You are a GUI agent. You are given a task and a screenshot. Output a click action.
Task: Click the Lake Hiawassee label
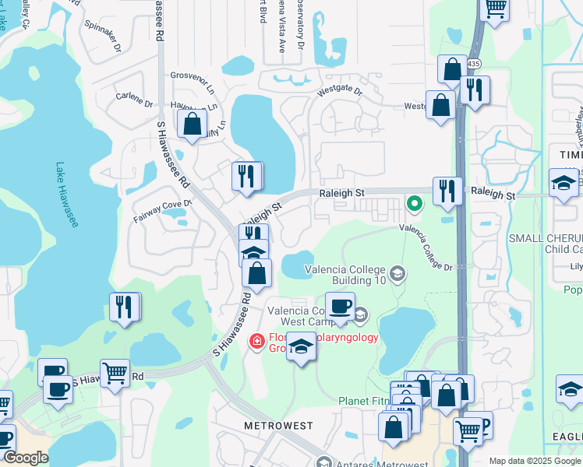pyautogui.click(x=67, y=195)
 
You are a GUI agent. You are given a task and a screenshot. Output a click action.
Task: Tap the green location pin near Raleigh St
pyautogui.click(x=415, y=204)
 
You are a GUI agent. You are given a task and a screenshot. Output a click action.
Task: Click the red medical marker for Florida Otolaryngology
pyautogui.click(x=256, y=341)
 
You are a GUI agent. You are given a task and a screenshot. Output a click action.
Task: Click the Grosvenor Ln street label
pyautogui.click(x=193, y=80)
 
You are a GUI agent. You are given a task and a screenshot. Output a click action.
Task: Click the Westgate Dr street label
pyautogui.click(x=339, y=92)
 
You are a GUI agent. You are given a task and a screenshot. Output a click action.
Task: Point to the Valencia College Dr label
pyautogui.click(x=426, y=247)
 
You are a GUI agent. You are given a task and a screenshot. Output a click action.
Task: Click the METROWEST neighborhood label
pyautogui.click(x=278, y=427)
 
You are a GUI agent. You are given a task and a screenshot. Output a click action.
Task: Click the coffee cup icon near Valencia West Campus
pyautogui.click(x=340, y=306)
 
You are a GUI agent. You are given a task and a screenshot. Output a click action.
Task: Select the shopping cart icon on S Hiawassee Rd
pyautogui.click(x=115, y=373)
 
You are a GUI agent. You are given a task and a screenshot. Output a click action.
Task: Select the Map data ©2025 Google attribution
pyautogui.click(x=535, y=461)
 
